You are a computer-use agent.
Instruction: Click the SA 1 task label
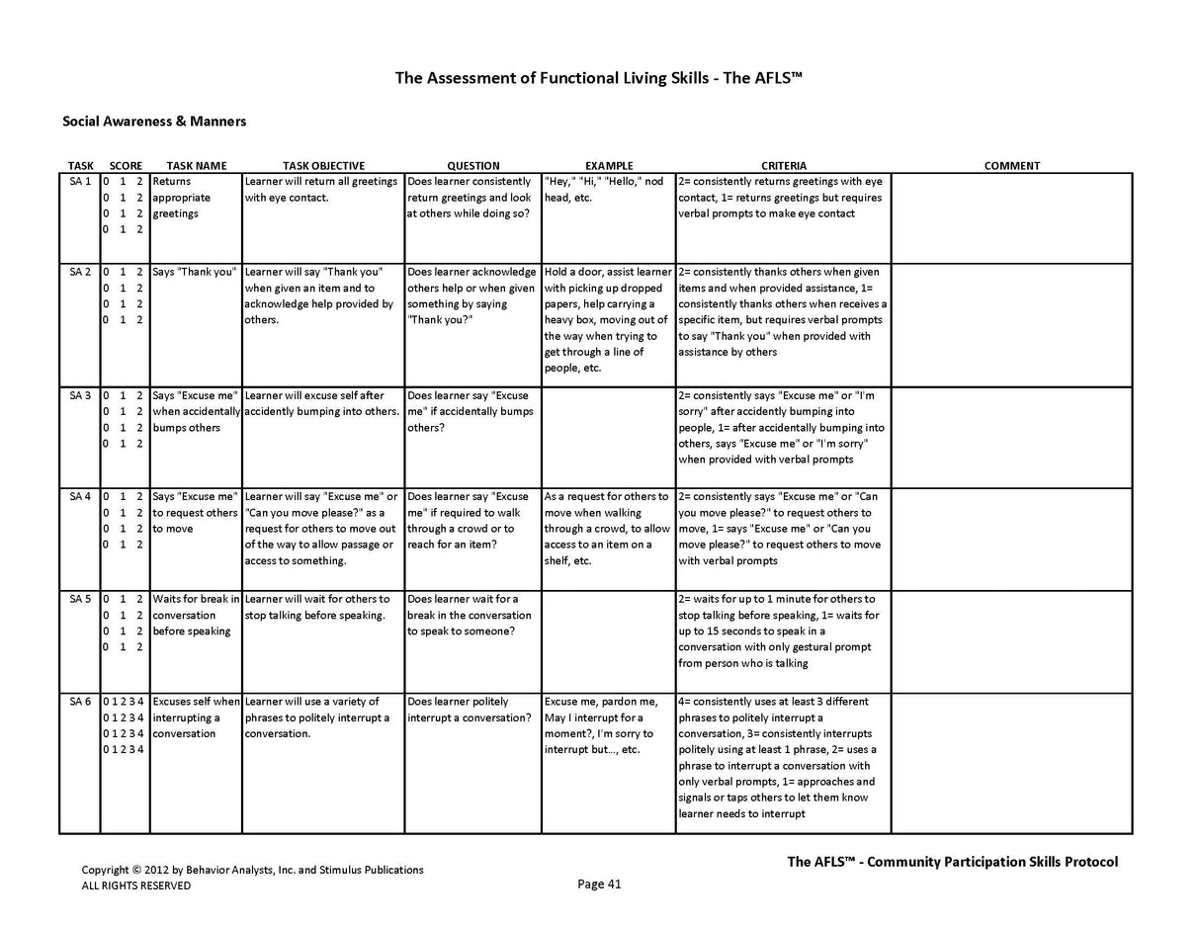(x=80, y=182)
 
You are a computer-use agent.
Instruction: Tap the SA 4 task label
(x=80, y=497)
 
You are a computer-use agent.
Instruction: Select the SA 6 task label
(x=80, y=702)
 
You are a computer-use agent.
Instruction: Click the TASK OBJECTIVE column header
(x=323, y=166)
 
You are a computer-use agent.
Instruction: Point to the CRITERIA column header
(x=783, y=166)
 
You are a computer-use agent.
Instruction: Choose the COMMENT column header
(x=1011, y=166)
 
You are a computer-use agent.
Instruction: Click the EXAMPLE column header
(x=609, y=166)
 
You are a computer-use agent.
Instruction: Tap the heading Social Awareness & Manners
(x=154, y=122)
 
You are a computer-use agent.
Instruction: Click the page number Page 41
(x=599, y=885)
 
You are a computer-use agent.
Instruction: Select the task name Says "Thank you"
(x=195, y=272)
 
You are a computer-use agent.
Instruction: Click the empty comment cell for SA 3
(x=1011, y=437)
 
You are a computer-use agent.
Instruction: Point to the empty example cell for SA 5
(x=609, y=641)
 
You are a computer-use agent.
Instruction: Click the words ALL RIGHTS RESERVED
(x=136, y=885)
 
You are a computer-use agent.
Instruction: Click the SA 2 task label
(x=80, y=272)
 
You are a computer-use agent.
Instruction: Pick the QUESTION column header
(x=473, y=166)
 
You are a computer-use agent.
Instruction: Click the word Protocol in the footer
(x=1092, y=862)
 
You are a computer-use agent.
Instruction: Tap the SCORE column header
(x=126, y=166)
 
